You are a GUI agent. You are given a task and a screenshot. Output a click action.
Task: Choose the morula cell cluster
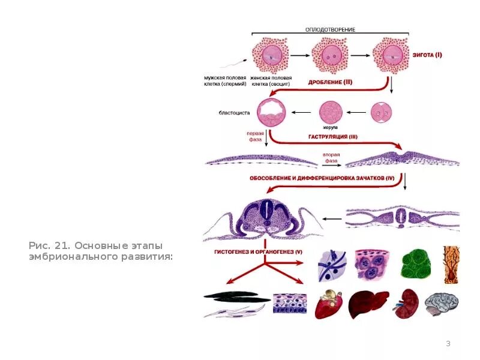click(x=332, y=112)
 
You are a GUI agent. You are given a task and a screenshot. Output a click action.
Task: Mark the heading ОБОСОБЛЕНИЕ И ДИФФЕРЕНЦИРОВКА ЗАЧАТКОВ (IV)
click(x=322, y=178)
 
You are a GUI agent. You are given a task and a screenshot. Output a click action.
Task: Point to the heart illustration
click(x=331, y=303)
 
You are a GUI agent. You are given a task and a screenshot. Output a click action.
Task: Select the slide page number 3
click(x=448, y=343)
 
